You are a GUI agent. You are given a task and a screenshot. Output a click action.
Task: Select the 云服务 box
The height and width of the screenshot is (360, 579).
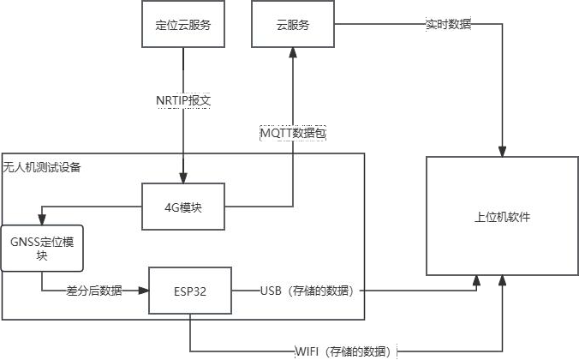pos(292,25)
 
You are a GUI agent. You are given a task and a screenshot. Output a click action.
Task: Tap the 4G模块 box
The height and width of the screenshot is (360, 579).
pos(183,207)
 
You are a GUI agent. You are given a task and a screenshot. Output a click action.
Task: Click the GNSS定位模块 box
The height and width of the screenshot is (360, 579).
pos(43,248)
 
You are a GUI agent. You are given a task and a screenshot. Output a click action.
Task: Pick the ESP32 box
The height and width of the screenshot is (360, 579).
pos(190,291)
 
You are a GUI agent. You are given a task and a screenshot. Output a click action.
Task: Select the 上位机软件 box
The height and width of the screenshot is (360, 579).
pos(502,217)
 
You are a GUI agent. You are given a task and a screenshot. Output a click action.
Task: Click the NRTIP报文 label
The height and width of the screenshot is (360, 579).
pos(183,100)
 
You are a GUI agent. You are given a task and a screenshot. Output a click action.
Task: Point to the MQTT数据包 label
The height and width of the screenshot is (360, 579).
pos(293,134)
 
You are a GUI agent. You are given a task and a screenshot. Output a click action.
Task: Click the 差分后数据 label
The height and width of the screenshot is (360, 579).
pos(94,291)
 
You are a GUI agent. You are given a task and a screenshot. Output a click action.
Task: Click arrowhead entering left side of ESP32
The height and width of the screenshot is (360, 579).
pos(143,291)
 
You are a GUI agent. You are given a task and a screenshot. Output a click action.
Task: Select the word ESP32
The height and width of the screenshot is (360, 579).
pos(190,291)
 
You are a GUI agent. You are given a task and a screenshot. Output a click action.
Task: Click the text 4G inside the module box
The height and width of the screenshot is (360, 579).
pos(171,207)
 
